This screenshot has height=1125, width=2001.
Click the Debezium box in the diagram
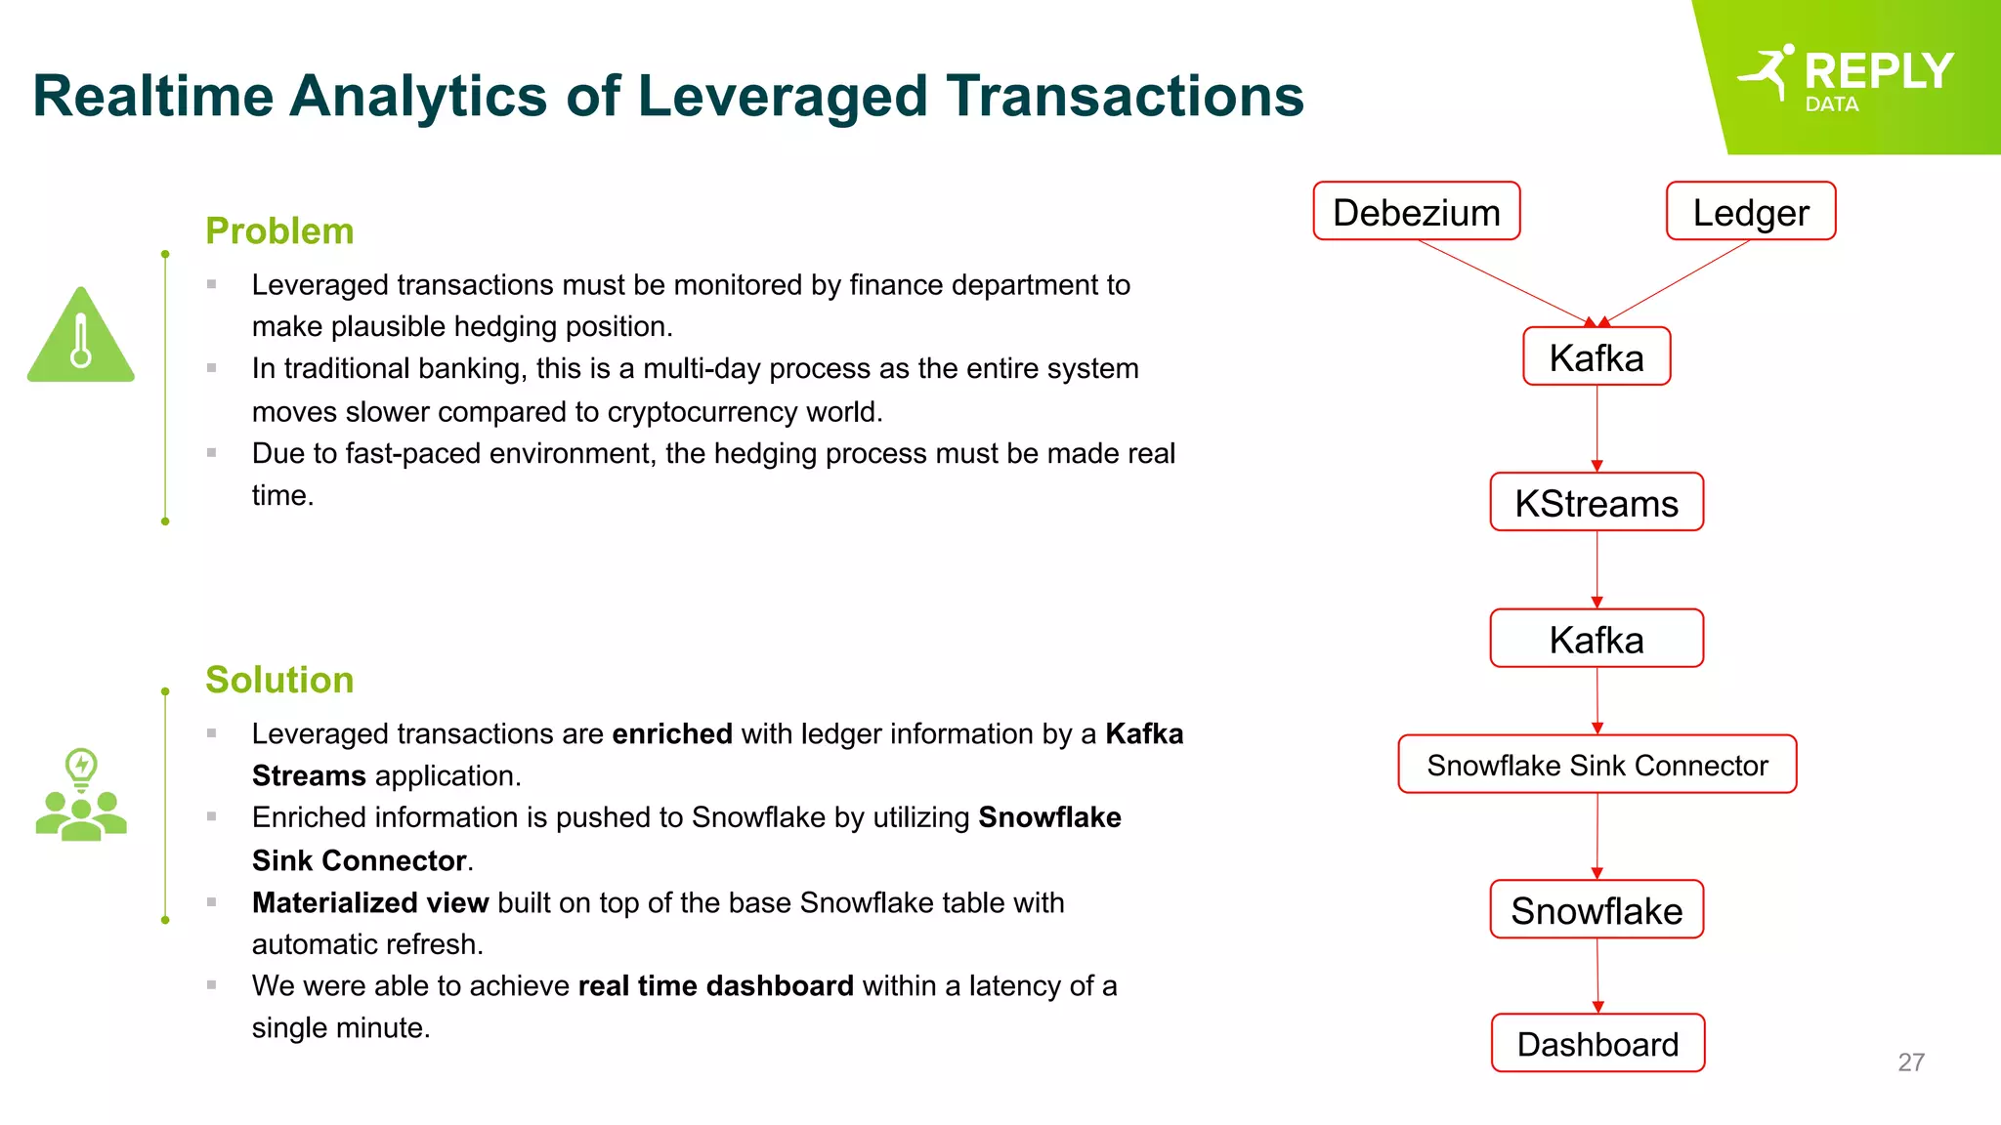(1416, 211)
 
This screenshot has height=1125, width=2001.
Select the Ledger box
(1750, 211)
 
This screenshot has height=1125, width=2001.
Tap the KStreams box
(1597, 502)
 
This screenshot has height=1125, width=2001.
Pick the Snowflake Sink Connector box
(1597, 765)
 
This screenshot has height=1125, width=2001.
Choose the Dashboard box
(1597, 1043)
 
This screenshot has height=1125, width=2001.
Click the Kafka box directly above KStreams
(1597, 356)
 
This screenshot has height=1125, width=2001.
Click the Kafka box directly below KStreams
(1597, 639)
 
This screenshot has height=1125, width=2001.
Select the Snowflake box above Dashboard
(1597, 909)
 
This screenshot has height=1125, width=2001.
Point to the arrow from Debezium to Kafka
(1505, 282)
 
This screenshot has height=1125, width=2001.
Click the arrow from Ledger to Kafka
(1676, 282)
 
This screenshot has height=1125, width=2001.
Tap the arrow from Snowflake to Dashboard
(1597, 976)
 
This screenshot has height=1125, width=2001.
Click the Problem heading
(279, 231)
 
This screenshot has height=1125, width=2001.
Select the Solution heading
(279, 680)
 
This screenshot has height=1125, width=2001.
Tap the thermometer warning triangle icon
(81, 337)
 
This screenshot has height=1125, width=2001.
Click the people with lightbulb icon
(81, 795)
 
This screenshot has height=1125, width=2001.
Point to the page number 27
(1911, 1062)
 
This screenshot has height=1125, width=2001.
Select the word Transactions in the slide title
(1125, 96)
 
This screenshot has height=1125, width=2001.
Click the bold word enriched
(672, 733)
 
